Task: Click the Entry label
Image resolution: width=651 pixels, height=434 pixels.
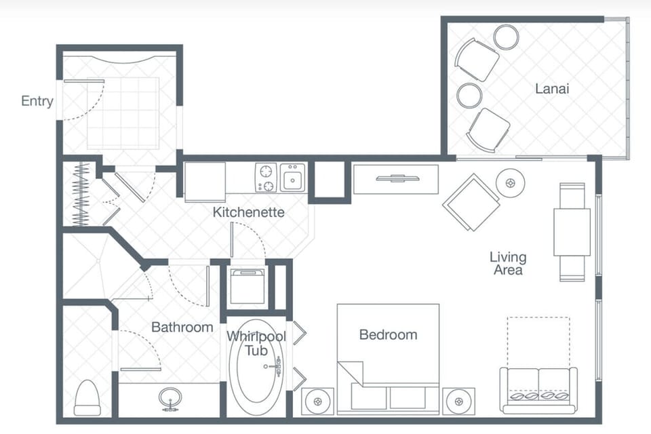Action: click(x=37, y=101)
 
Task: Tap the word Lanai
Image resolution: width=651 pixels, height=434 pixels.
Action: click(x=551, y=88)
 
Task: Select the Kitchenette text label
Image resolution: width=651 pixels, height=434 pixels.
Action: click(x=248, y=212)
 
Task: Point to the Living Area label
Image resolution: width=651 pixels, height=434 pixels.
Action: click(x=508, y=263)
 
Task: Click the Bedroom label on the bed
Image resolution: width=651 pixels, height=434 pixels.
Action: click(x=388, y=334)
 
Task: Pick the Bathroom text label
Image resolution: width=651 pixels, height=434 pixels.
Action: click(x=182, y=327)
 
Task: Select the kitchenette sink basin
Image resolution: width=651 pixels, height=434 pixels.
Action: click(x=293, y=178)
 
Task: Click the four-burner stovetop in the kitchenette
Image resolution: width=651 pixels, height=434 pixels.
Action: click(x=266, y=178)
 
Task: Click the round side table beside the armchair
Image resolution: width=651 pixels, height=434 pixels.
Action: click(x=509, y=182)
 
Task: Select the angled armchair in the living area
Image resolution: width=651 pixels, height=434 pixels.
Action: click(x=471, y=201)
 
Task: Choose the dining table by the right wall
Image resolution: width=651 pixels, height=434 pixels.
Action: click(x=572, y=231)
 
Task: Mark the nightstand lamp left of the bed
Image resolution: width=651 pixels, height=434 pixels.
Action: click(x=317, y=401)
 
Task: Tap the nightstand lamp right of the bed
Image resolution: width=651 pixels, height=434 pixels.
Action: click(x=458, y=401)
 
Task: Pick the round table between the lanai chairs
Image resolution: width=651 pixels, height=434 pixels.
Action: click(x=469, y=95)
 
